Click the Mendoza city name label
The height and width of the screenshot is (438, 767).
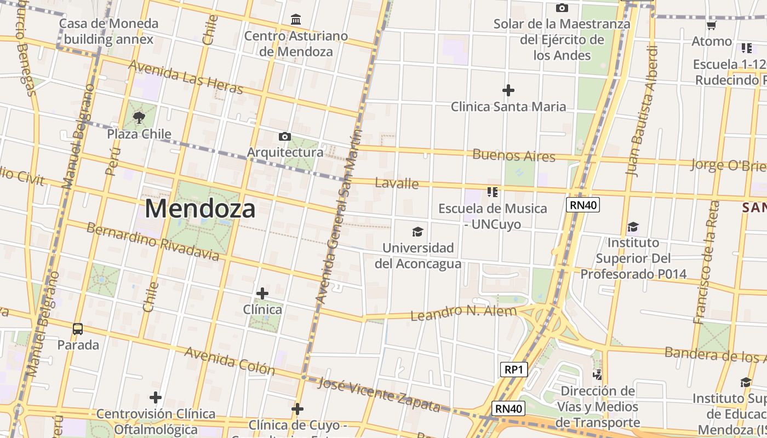[200, 209]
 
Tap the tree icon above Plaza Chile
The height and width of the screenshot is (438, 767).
[139, 117]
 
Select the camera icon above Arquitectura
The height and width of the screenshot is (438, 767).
[285, 136]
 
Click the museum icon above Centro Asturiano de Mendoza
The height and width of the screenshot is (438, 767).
[296, 20]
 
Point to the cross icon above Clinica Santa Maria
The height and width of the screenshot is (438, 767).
[508, 90]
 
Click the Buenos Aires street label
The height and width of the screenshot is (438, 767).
[514, 155]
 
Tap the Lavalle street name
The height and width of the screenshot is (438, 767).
[397, 183]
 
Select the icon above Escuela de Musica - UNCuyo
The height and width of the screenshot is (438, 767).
[492, 192]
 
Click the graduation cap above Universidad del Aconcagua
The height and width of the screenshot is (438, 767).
[418, 232]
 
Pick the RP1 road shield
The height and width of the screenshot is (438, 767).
[514, 370]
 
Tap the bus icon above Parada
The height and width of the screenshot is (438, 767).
[78, 329]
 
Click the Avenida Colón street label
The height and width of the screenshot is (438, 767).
[230, 361]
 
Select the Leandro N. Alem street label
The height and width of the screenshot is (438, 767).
[463, 313]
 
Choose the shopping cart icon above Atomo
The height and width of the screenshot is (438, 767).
[711, 25]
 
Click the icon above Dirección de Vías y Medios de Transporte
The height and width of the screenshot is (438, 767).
[598, 375]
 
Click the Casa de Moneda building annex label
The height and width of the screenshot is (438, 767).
[108, 31]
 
